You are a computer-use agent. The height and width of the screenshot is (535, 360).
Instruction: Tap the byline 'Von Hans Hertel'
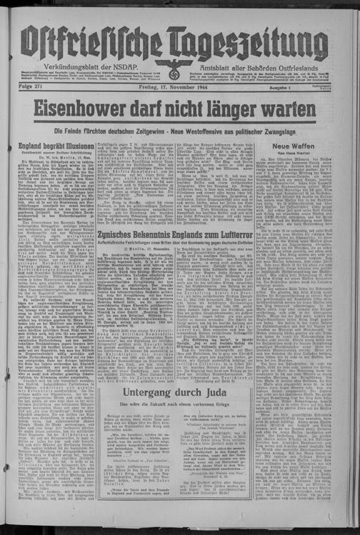[312, 154]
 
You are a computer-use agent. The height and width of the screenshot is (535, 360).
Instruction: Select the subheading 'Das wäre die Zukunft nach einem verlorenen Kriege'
[186, 406]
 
